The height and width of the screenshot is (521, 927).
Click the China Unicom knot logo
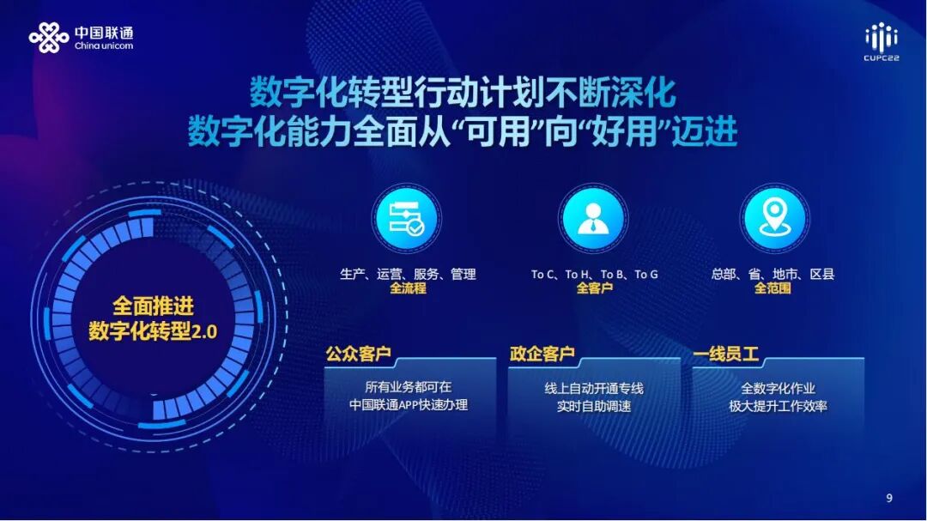click(x=49, y=38)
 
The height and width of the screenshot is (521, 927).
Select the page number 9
click(x=889, y=498)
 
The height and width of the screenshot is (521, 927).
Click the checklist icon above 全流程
click(x=407, y=218)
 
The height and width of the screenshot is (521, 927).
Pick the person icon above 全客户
click(x=591, y=218)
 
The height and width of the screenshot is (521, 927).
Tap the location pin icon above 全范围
click(x=774, y=218)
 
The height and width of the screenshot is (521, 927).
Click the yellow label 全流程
click(x=408, y=288)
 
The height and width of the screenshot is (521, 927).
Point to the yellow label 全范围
click(x=772, y=288)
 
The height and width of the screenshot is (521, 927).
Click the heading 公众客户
click(x=358, y=354)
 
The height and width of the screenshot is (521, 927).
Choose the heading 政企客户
click(x=542, y=354)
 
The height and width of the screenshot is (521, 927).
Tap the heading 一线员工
click(x=725, y=354)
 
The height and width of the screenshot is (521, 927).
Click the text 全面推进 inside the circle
click(x=153, y=306)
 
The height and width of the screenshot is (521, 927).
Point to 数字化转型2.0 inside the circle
click(x=153, y=331)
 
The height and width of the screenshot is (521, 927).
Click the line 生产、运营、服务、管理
click(x=408, y=275)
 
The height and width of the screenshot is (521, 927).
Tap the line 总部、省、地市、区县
click(x=772, y=275)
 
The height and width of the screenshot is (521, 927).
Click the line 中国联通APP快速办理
click(x=409, y=405)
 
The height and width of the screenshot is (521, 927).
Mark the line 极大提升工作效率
click(x=778, y=406)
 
